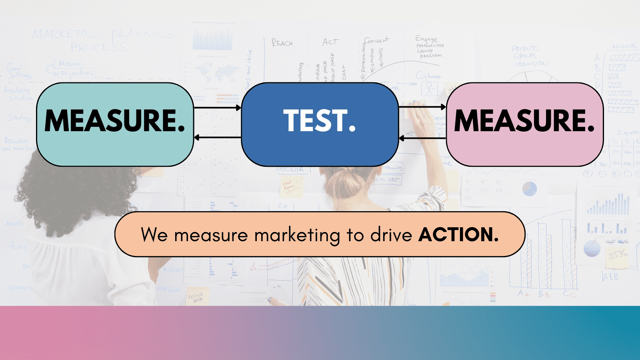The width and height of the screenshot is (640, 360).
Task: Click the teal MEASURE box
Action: click(x=115, y=124)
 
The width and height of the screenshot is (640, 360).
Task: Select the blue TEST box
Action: click(x=320, y=124)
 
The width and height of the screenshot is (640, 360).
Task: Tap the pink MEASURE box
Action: click(x=524, y=124)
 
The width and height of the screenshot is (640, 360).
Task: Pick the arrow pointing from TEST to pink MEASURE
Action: click(x=422, y=107)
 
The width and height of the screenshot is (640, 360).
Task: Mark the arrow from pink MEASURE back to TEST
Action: click(x=422, y=138)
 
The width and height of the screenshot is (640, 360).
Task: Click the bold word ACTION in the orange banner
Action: click(x=458, y=235)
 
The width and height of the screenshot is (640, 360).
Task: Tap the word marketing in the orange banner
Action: click(x=297, y=235)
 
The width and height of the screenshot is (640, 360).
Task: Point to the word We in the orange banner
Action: click(x=154, y=235)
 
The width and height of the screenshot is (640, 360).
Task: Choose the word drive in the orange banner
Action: click(x=391, y=235)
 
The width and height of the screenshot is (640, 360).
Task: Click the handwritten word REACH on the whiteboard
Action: click(x=282, y=43)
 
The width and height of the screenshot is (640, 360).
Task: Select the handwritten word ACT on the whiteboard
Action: click(x=331, y=42)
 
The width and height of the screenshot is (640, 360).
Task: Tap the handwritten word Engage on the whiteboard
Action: click(x=426, y=39)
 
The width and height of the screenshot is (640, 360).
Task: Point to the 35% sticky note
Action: click(x=618, y=254)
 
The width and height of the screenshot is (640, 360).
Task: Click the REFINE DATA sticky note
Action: click(x=196, y=298)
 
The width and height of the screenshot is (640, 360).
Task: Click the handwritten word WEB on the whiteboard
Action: click(x=610, y=276)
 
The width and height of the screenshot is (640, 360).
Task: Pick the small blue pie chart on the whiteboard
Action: click(x=529, y=188)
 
